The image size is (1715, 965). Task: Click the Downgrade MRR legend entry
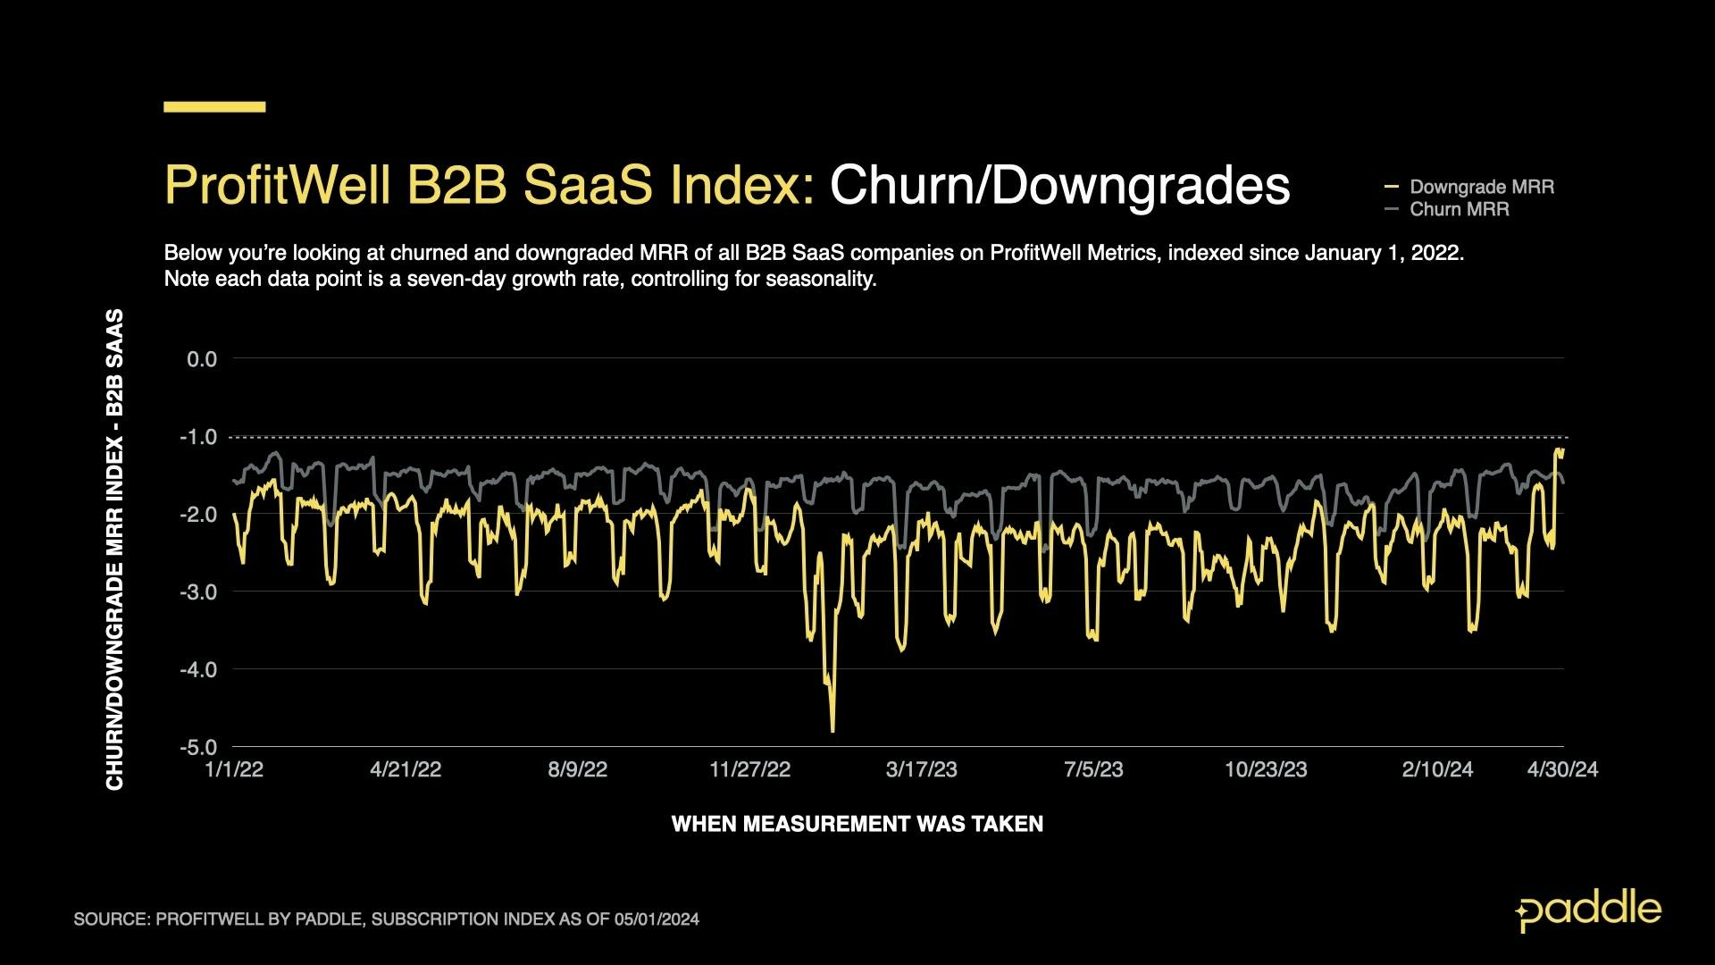(1480, 187)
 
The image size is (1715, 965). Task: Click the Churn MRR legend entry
(1458, 209)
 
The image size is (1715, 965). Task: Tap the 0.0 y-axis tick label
(202, 359)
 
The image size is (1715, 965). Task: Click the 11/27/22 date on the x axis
(749, 769)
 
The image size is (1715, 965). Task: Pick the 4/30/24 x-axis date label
(1562, 769)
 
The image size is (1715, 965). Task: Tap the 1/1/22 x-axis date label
(234, 769)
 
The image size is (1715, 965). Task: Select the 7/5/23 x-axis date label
(1093, 769)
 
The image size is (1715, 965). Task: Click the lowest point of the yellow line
(832, 731)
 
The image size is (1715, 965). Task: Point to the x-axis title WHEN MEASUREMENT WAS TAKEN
(857, 824)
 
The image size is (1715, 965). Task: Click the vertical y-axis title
(114, 550)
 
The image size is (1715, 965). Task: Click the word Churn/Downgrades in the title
(1059, 186)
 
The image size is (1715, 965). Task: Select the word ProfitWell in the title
(277, 186)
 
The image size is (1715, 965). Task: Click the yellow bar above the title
(214, 106)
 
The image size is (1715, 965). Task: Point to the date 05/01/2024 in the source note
(656, 919)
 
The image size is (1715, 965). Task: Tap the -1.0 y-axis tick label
(199, 437)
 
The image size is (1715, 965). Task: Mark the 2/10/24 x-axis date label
(1437, 769)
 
